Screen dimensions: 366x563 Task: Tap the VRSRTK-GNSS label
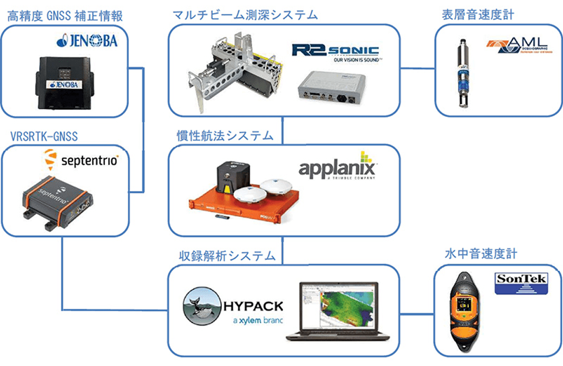click(44, 135)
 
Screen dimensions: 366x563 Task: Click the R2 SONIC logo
click(336, 53)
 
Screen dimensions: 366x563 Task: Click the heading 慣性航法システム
click(225, 135)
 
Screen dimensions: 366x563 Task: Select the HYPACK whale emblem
click(201, 305)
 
